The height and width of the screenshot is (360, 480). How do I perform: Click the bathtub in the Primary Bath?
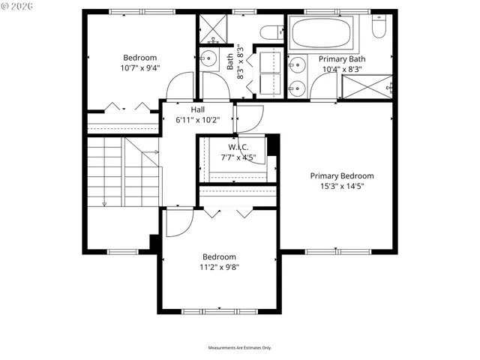coord(325,33)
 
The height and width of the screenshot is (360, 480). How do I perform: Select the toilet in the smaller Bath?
coord(269,32)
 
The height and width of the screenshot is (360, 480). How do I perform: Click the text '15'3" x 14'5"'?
coord(341,187)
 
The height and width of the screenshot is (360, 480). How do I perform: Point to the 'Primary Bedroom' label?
coord(341,176)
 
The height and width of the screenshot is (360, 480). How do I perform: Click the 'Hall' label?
coord(197,109)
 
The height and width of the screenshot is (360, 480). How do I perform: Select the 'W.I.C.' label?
coord(238,147)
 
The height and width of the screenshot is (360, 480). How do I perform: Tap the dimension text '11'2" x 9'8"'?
coord(219,267)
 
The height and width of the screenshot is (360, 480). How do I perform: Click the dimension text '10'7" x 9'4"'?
coord(140,68)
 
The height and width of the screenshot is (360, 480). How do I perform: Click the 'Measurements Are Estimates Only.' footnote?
coord(239,348)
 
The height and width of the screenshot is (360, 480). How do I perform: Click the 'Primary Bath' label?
coord(341,58)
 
